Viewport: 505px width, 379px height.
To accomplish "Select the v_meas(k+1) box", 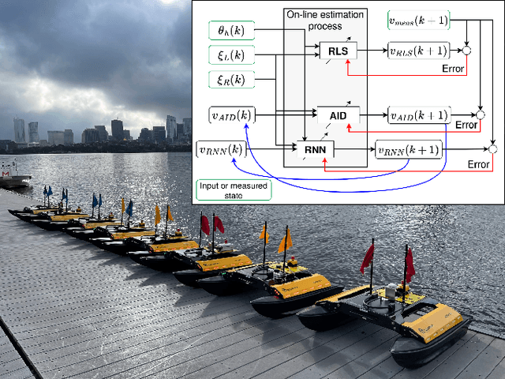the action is click(x=420, y=17).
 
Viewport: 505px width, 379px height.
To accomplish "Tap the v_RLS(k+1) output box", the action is click(x=418, y=51).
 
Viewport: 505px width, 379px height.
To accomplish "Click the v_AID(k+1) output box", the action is click(x=420, y=115).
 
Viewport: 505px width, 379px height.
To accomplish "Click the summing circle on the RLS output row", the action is click(x=467, y=51).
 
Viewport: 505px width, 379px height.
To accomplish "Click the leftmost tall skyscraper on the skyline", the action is click(x=20, y=130).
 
